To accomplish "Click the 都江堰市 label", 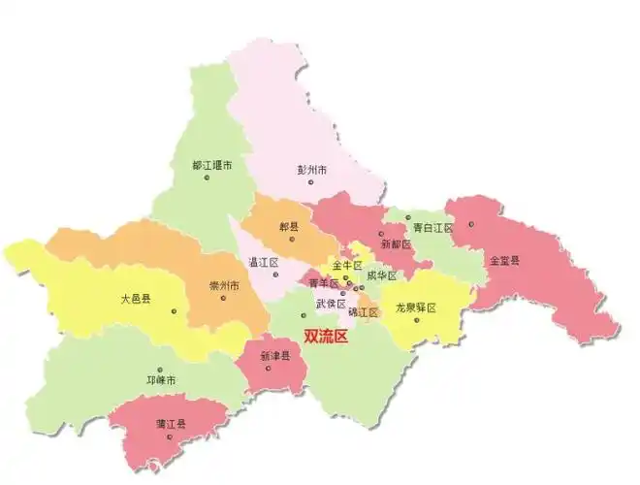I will pyautogui.click(x=212, y=165).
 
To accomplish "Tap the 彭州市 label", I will pyautogui.click(x=312, y=169).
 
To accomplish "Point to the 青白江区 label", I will pyautogui.click(x=432, y=228).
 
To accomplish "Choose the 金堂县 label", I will pyautogui.click(x=504, y=260).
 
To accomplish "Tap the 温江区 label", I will pyautogui.click(x=264, y=263).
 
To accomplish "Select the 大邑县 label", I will pyautogui.click(x=137, y=300).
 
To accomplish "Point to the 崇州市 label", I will pyautogui.click(x=225, y=286).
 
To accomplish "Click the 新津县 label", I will pyautogui.click(x=276, y=356).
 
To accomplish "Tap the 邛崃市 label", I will pyautogui.click(x=160, y=379).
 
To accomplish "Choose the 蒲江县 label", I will pyautogui.click(x=171, y=424).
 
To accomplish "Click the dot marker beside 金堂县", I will pyautogui.click(x=471, y=224).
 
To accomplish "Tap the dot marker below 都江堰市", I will pyautogui.click(x=206, y=178).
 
